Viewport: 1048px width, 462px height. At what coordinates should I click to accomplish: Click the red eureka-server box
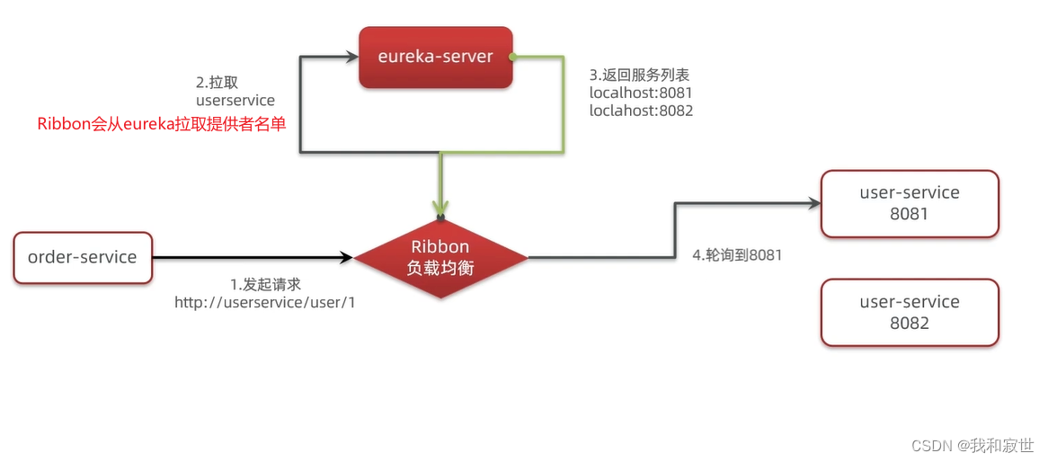point(436,58)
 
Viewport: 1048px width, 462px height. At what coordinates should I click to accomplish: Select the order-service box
point(83,257)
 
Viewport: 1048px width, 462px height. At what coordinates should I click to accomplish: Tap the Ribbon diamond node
point(440,257)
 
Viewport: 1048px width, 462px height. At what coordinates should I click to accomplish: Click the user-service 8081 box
point(910,203)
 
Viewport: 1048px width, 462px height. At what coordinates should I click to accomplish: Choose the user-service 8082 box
point(910,312)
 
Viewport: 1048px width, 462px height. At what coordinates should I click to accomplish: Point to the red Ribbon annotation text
point(162,124)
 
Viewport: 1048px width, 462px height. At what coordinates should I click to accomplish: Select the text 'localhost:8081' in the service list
point(640,93)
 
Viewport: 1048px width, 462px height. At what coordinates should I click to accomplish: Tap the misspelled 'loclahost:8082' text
point(641,111)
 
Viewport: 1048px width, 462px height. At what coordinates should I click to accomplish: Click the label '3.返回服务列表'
point(639,75)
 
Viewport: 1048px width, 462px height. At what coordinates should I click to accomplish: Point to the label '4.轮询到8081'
point(736,254)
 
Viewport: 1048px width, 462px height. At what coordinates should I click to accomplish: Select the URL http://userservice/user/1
point(264,303)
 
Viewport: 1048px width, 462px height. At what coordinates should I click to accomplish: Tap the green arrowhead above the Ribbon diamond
point(440,208)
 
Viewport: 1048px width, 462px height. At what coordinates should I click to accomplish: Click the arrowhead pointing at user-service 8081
point(814,203)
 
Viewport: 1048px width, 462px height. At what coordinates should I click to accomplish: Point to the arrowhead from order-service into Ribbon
point(346,257)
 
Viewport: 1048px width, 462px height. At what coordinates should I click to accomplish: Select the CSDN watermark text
point(973,446)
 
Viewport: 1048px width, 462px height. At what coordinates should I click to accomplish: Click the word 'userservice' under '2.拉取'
point(235,101)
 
